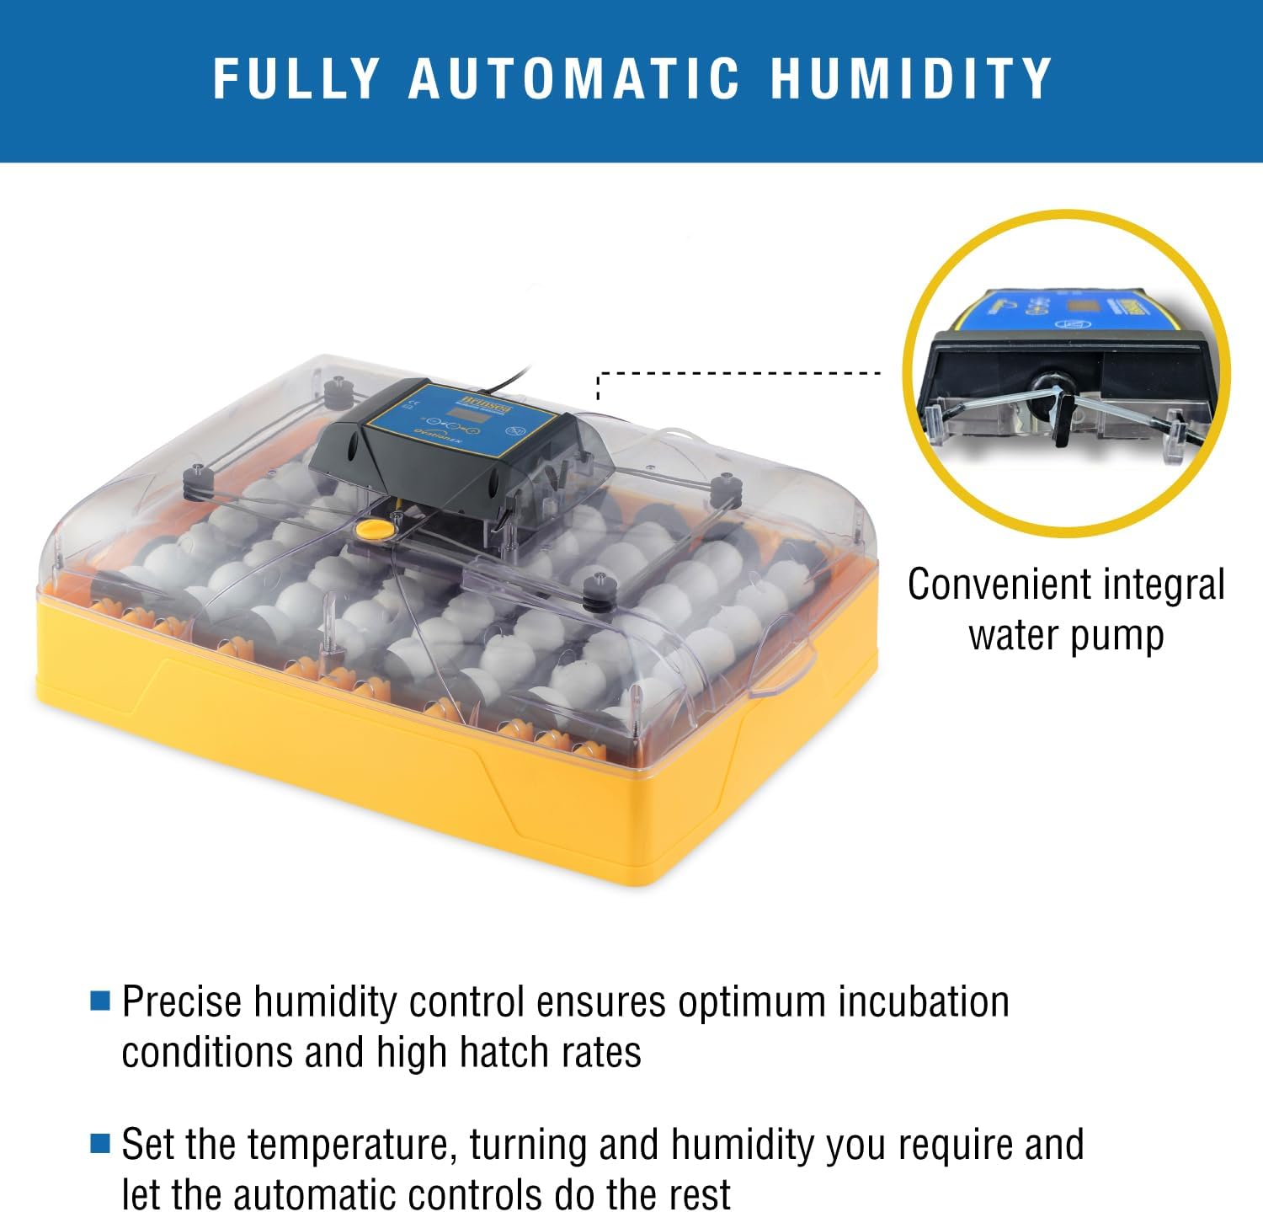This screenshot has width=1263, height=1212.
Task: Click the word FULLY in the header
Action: (x=296, y=78)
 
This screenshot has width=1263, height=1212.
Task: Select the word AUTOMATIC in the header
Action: (x=574, y=78)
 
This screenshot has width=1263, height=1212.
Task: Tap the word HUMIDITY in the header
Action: (x=911, y=78)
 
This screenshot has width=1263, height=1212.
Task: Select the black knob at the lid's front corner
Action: (x=600, y=588)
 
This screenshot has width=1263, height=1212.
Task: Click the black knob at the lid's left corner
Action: (x=196, y=478)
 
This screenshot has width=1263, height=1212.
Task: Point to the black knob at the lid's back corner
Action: (x=338, y=389)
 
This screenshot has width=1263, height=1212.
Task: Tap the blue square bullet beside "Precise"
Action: (x=100, y=1000)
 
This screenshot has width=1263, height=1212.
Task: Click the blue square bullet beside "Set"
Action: (x=100, y=1143)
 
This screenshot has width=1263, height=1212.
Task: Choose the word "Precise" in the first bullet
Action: (x=183, y=1001)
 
